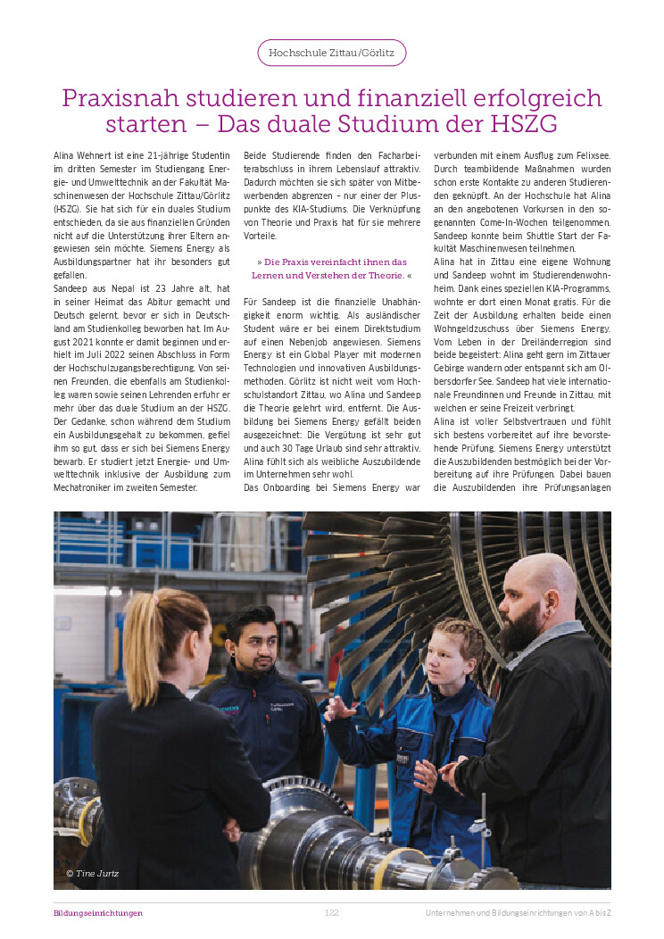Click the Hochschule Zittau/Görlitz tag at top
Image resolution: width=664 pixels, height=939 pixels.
click(x=332, y=53)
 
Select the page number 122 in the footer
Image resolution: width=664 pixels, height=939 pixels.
click(x=331, y=913)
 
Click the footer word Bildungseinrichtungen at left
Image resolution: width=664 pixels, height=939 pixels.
click(x=98, y=913)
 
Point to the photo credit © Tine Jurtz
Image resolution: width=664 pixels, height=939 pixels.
click(x=93, y=872)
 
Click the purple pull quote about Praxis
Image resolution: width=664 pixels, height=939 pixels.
click(x=331, y=269)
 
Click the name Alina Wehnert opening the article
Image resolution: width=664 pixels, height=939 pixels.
click(x=83, y=156)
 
